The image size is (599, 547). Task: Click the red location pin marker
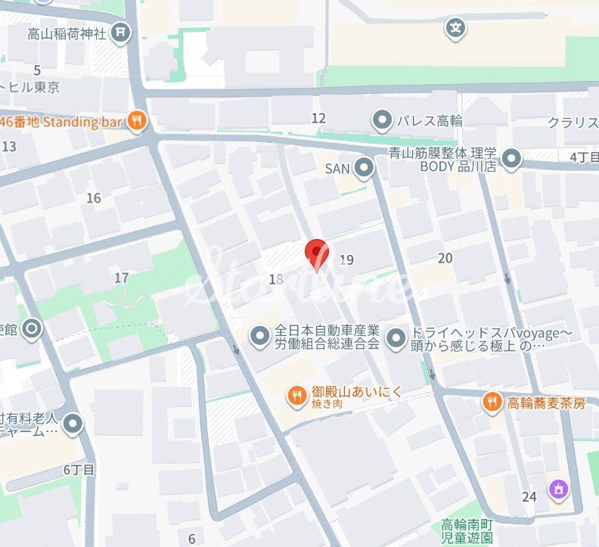pyautogui.click(x=316, y=253)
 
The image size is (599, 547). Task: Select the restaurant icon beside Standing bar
pyautogui.click(x=136, y=120)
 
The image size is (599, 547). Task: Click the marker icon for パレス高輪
pyautogui.click(x=382, y=120)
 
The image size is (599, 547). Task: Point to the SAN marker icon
pyautogui.click(x=365, y=168)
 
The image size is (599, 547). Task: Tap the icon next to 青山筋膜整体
pyautogui.click(x=512, y=159)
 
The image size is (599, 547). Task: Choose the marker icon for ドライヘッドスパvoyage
pyautogui.click(x=396, y=338)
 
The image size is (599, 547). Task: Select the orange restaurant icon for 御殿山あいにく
pyautogui.click(x=296, y=394)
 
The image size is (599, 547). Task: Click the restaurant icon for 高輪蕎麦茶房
pyautogui.click(x=492, y=402)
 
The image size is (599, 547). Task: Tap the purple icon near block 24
pyautogui.click(x=558, y=490)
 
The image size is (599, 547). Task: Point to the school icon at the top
pyautogui.click(x=455, y=29)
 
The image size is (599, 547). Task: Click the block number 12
pyautogui.click(x=318, y=118)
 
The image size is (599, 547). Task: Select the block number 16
pyautogui.click(x=94, y=198)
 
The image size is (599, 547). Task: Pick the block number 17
pyautogui.click(x=121, y=278)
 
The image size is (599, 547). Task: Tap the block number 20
pyautogui.click(x=445, y=258)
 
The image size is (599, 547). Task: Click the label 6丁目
pyautogui.click(x=79, y=470)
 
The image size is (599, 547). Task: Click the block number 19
pyautogui.click(x=346, y=260)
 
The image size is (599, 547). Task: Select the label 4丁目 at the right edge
pyautogui.click(x=584, y=157)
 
